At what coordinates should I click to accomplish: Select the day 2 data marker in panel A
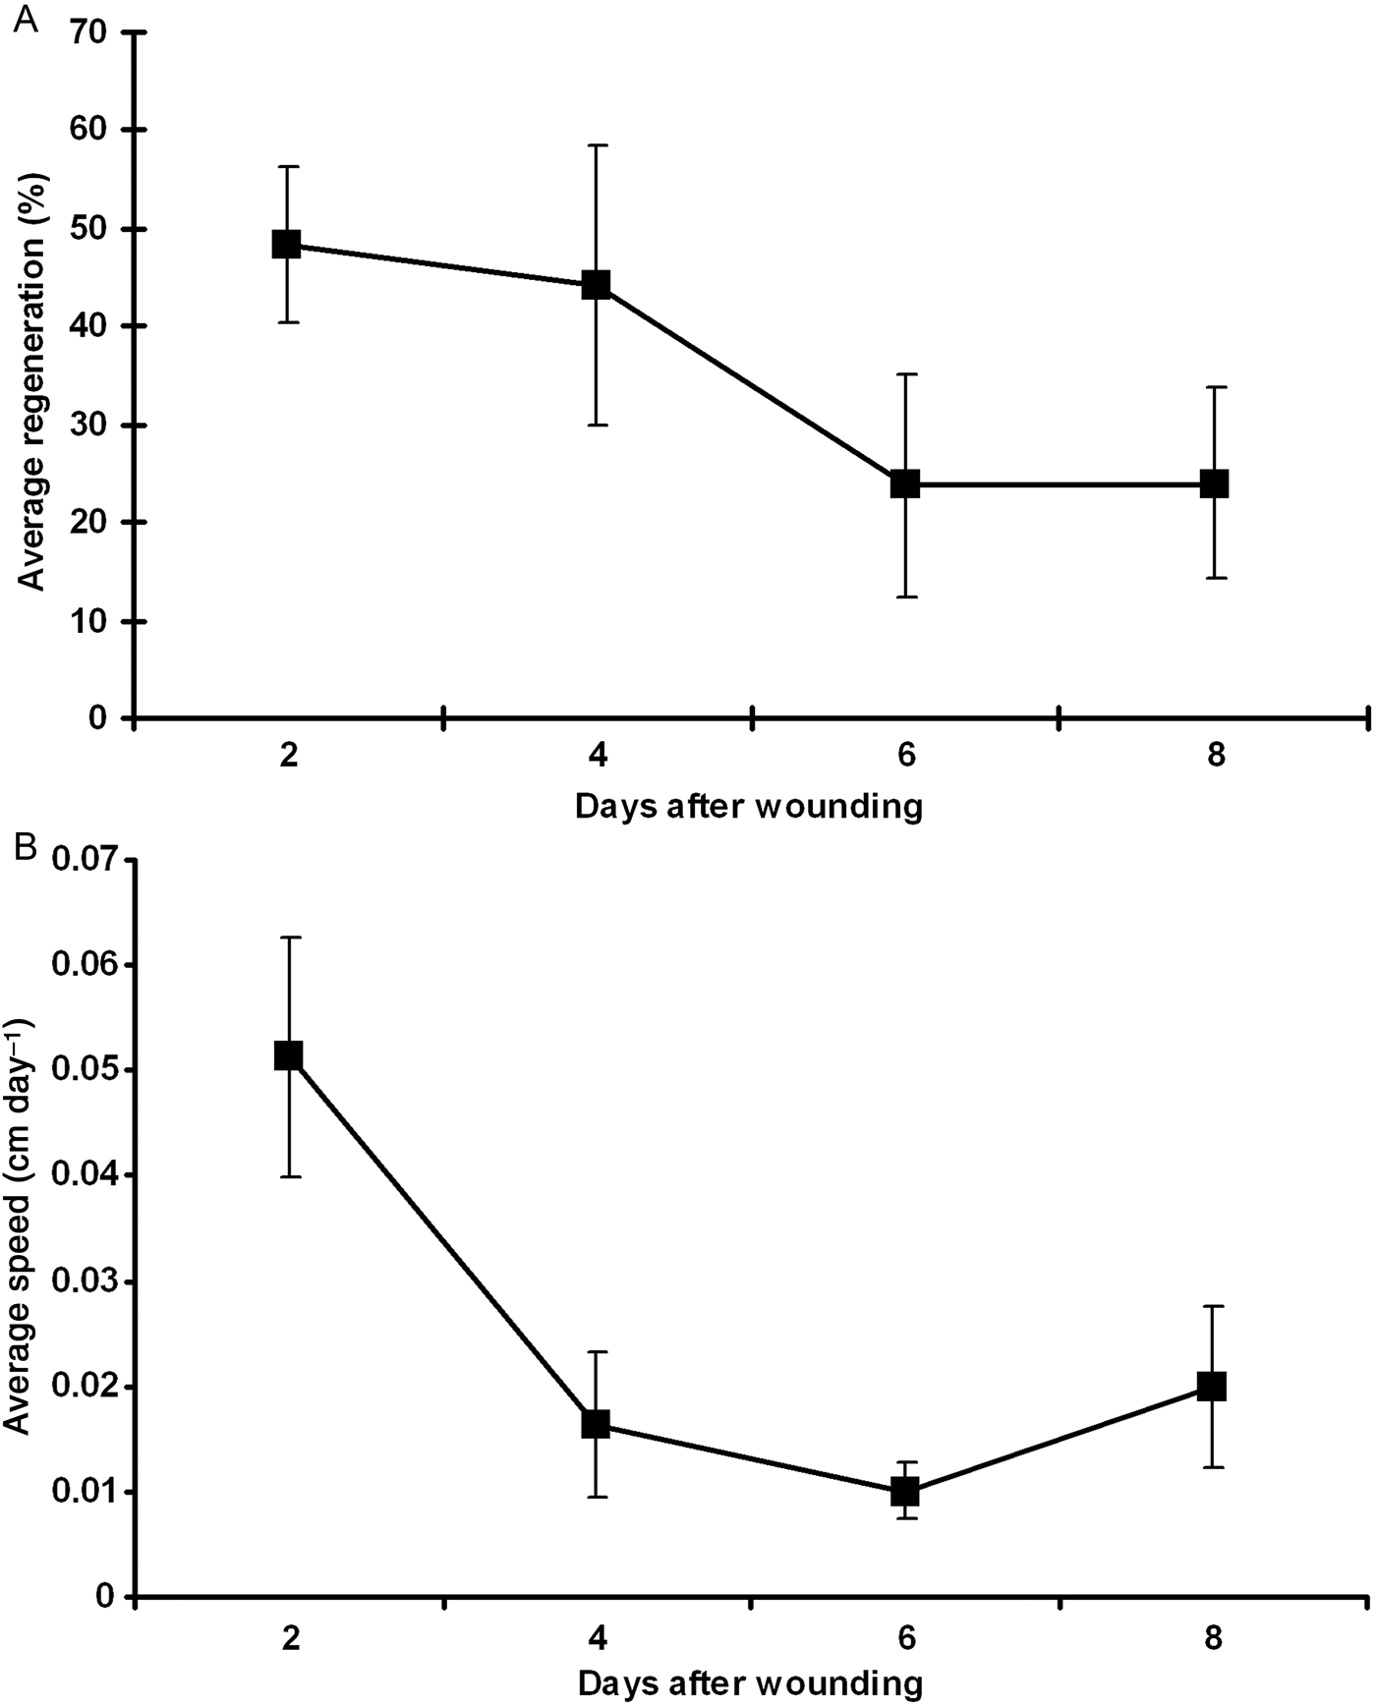286,244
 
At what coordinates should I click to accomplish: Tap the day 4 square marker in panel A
596,285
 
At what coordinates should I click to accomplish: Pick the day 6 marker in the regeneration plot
905,484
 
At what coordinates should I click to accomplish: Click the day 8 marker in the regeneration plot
1215,484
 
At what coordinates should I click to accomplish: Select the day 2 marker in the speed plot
288,1055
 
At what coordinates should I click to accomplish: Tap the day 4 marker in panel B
596,1424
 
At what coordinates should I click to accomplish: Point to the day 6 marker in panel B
905,1492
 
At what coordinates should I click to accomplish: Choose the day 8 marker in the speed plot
1211,1387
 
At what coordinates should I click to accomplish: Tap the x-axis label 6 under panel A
905,758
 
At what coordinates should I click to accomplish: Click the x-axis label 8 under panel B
1215,1638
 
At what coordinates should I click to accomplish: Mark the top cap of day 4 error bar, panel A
596,145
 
